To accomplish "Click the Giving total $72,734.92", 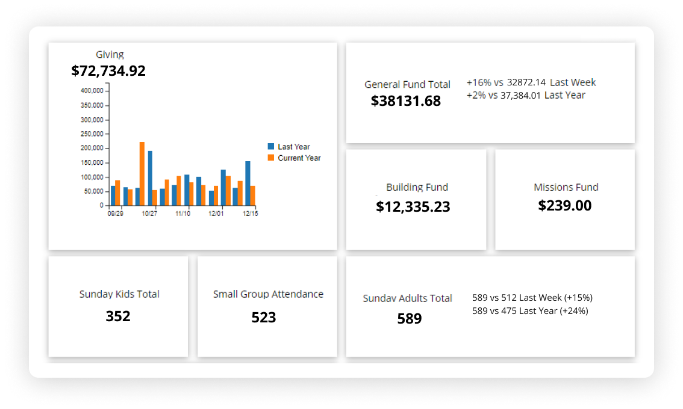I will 108,71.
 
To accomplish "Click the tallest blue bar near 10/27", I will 150,177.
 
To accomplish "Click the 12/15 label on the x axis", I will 250,214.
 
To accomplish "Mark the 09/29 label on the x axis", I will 116,214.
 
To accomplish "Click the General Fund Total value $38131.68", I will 406,101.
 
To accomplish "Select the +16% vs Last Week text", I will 531,82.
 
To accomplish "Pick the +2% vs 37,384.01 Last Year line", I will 526,95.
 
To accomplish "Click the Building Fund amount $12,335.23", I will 413,207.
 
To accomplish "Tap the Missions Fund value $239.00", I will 565,206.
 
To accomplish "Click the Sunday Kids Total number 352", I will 118,316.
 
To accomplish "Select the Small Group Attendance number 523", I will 264,317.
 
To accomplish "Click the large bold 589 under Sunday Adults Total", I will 410,319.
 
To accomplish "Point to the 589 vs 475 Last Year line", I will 530,311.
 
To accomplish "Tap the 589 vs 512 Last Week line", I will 532,298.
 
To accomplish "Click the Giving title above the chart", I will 110,55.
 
